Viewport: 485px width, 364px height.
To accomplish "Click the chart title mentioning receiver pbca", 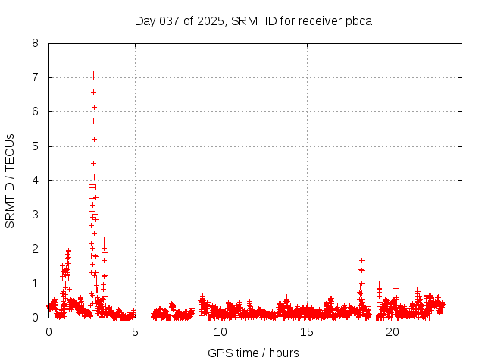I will coord(253,20).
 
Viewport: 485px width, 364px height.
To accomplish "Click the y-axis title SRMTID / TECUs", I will coord(10,180).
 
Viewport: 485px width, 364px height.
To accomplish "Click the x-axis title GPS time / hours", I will coord(253,353).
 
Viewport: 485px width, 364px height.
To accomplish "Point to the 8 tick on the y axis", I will coord(36,43).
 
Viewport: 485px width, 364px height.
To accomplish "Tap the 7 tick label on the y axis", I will coord(36,77).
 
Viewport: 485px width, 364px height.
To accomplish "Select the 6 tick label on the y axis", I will coord(36,111).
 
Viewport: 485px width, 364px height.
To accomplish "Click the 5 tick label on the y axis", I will coord(36,146).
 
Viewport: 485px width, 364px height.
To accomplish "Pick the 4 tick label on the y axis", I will coord(36,180).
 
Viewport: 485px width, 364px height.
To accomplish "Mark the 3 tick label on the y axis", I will coord(36,215).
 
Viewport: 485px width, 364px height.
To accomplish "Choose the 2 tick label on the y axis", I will coord(36,249).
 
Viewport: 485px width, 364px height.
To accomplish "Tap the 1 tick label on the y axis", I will coord(36,283).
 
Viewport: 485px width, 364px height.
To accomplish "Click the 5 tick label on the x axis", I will coord(135,332).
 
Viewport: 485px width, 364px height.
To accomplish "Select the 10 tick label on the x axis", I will coord(221,332).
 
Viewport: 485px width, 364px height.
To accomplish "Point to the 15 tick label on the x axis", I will coord(307,332).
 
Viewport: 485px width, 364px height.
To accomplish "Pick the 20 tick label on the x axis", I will coord(393,332).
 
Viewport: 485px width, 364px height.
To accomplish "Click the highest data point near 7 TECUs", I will coord(93,74).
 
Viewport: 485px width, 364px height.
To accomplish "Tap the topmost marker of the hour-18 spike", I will coord(361,260).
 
